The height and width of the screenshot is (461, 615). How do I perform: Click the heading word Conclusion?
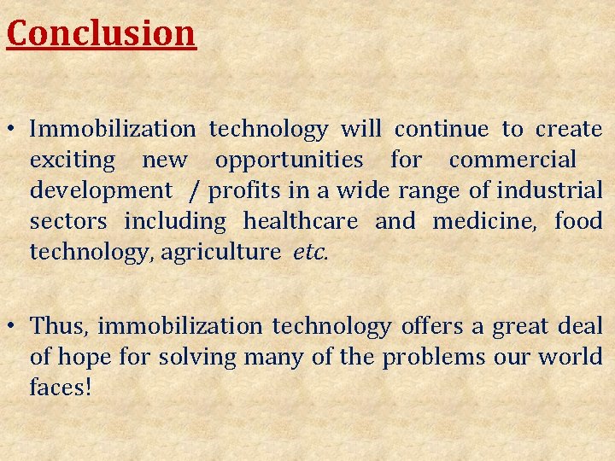tap(101, 32)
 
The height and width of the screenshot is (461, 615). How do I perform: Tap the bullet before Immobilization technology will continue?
tap(15, 130)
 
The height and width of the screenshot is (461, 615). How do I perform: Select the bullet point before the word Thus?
tap(15, 326)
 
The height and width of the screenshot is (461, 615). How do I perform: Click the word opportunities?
tap(289, 160)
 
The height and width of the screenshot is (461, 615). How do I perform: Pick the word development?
tap(101, 190)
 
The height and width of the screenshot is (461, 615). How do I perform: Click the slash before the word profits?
tap(196, 191)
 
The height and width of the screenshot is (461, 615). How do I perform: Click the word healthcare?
tap(301, 221)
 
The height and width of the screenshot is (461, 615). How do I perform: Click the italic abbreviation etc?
tap(309, 252)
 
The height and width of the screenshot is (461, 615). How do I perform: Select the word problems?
tap(433, 357)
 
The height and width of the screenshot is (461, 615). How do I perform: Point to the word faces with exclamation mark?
tap(60, 387)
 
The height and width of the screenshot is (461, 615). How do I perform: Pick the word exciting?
tap(72, 160)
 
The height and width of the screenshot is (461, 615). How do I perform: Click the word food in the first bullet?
tap(578, 221)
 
